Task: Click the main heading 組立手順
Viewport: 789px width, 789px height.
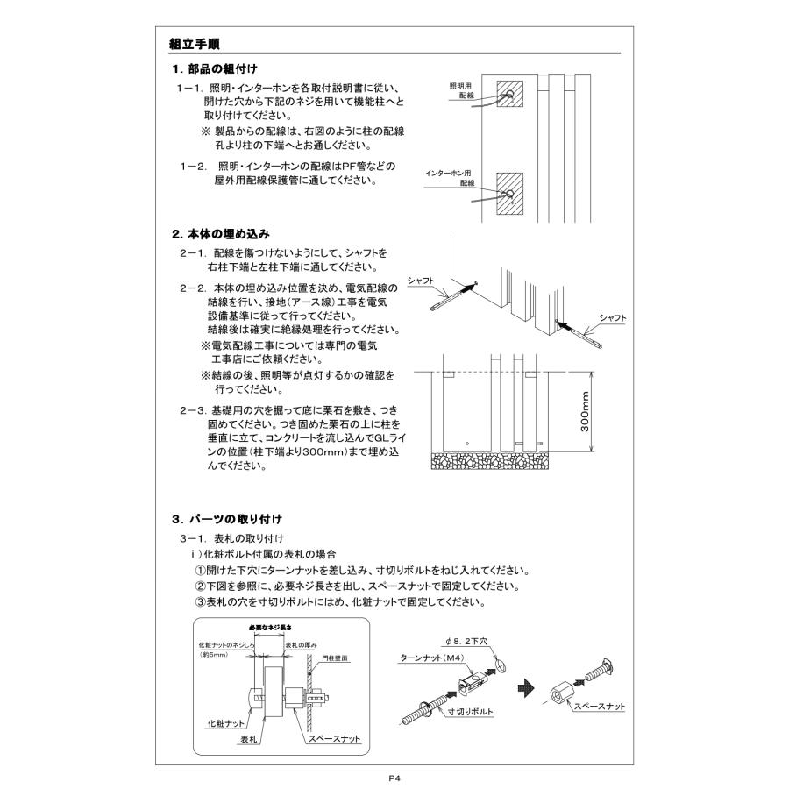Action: [195, 44]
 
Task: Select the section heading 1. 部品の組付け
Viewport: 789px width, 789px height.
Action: [214, 68]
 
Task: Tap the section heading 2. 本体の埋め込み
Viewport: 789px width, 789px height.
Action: [220, 234]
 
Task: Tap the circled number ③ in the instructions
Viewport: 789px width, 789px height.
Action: [199, 602]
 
